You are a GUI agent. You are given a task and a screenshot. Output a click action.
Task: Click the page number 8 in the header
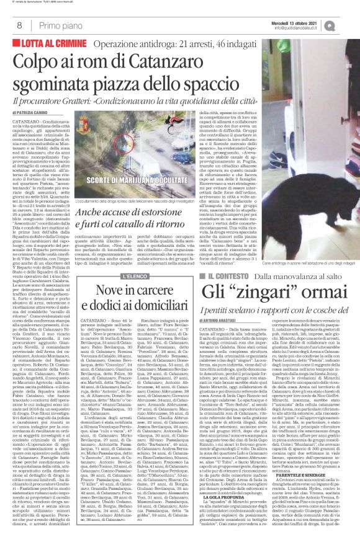point(19,25)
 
